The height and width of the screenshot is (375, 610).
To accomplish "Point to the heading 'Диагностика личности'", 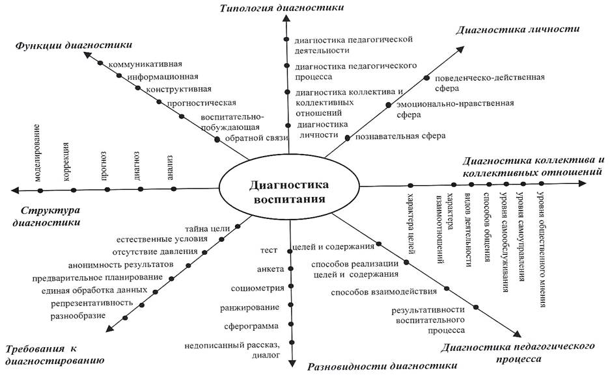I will pyautogui.click(x=518, y=29).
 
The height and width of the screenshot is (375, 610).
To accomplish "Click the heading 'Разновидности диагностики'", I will pyautogui.click(x=382, y=366).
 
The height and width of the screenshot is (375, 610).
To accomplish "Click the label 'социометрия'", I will pyautogui.click(x=256, y=287).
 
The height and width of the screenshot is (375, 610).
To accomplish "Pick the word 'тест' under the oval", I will pyautogui.click(x=269, y=250).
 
